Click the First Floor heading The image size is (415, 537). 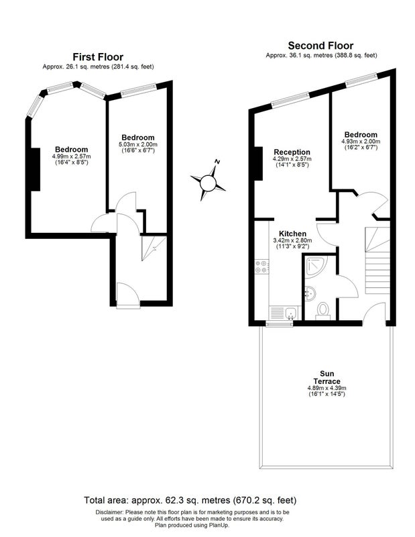(x=98, y=57)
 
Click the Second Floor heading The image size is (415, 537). (x=320, y=46)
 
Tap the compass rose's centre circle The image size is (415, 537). (x=208, y=183)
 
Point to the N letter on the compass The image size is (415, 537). (x=217, y=162)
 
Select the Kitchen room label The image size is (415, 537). (x=292, y=234)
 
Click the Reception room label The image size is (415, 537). (x=292, y=152)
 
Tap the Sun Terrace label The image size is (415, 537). (x=327, y=377)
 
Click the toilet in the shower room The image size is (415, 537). (x=322, y=311)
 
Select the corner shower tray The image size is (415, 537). (x=316, y=266)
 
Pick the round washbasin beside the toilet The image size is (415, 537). (x=310, y=294)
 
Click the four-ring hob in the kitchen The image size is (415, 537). (x=261, y=266)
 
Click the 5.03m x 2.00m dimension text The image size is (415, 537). (x=138, y=144)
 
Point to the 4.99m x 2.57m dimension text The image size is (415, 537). (x=72, y=156)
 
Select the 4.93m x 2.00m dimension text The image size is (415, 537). (x=361, y=141)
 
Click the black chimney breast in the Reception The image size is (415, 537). (x=258, y=163)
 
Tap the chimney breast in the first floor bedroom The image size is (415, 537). (x=36, y=169)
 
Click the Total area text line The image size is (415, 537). (x=190, y=500)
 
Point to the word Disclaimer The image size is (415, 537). (x=109, y=512)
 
